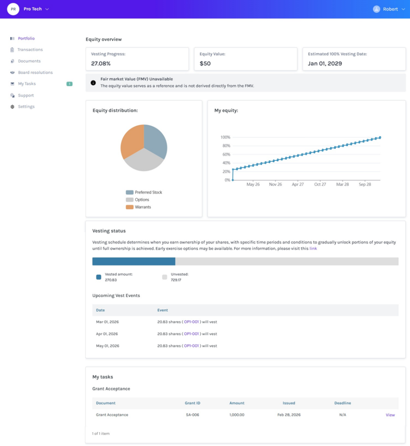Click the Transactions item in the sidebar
[30, 50]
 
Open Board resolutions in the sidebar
[35, 72]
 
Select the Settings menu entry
[26, 107]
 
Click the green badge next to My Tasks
[69, 84]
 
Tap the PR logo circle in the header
[13, 9]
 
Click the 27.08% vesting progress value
[101, 64]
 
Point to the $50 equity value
[205, 64]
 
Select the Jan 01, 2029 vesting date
[325, 64]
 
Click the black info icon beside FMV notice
[93, 83]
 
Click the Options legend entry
[142, 199]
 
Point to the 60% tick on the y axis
[225, 154]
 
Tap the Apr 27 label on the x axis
[298, 185]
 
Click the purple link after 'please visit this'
[313, 248]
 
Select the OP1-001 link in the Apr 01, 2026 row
[191, 334]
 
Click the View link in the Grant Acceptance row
[390, 415]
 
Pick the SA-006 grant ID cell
[192, 415]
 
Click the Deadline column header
[342, 403]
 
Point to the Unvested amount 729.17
[176, 280]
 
